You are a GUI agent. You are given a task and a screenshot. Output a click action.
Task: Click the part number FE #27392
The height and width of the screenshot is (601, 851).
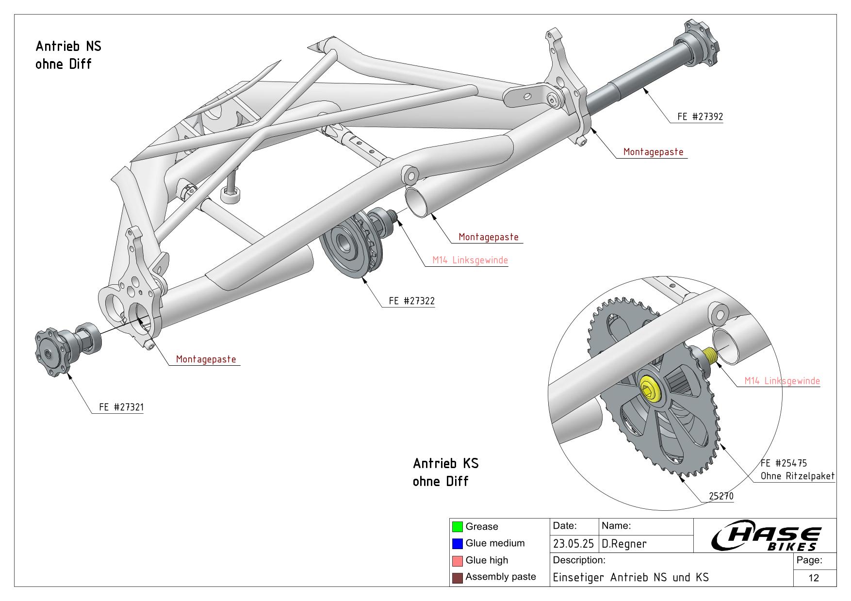[700, 117]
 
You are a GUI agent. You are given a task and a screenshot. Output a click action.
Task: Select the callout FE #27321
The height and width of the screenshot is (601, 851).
[121, 407]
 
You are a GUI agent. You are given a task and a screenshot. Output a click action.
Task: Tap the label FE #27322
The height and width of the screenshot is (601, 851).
[411, 301]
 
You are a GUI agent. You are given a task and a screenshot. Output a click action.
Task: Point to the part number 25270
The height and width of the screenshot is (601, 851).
[721, 496]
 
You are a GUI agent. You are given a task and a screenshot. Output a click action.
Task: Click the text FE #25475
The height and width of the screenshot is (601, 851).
[784, 463]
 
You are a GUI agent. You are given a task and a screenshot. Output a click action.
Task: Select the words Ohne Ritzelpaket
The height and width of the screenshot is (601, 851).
[797, 476]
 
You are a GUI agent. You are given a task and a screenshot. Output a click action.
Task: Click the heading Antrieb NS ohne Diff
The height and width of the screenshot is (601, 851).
[68, 55]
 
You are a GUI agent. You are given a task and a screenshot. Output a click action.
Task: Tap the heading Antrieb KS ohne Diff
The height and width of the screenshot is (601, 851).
[445, 472]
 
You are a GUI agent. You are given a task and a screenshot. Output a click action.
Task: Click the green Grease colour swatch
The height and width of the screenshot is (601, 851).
[457, 527]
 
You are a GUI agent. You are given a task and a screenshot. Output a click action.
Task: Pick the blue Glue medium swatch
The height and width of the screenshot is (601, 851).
[457, 544]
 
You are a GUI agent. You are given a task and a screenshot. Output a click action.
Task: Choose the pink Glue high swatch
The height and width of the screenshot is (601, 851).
[457, 561]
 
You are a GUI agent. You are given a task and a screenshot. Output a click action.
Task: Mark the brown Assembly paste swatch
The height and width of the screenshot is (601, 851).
[457, 578]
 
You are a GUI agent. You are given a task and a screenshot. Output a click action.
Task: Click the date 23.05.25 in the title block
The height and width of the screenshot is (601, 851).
[573, 544]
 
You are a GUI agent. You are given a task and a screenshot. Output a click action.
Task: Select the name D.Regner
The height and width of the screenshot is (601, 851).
[624, 544]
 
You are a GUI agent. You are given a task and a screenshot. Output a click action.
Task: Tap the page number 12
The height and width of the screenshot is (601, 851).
[814, 578]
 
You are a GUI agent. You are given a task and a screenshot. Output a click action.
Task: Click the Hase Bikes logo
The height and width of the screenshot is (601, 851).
[766, 537]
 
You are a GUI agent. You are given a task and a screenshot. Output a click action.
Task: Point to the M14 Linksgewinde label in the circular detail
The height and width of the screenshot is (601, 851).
[782, 381]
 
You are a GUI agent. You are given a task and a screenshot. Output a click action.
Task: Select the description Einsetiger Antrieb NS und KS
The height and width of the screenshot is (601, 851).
[631, 577]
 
